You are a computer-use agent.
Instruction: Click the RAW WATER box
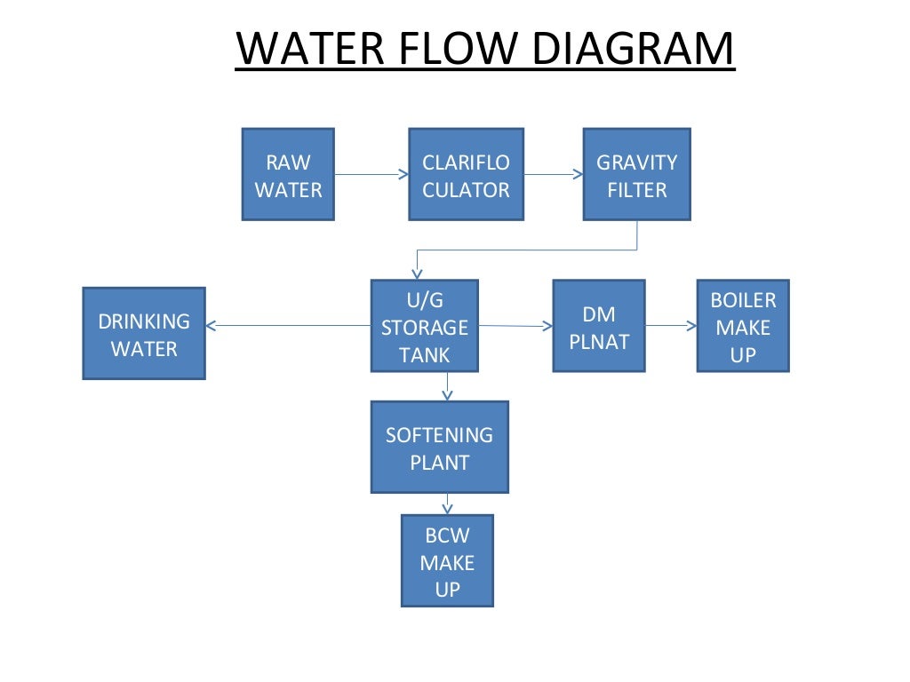pyautogui.click(x=288, y=174)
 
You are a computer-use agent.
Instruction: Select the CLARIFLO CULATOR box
pyautogui.click(x=466, y=174)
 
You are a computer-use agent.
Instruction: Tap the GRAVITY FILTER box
pyautogui.click(x=636, y=174)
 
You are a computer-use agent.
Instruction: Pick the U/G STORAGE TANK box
pyautogui.click(x=424, y=326)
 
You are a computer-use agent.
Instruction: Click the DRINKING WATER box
pyautogui.click(x=144, y=333)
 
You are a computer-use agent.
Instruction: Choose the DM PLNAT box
pyautogui.click(x=598, y=326)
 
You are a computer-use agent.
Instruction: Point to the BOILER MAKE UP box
pyautogui.click(x=743, y=326)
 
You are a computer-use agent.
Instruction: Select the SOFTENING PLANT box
pyautogui.click(x=439, y=447)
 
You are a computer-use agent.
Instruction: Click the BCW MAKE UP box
pyautogui.click(x=447, y=560)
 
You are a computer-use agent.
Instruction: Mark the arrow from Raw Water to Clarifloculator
pyautogui.click(x=371, y=174)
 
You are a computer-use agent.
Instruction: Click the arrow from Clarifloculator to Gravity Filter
pyautogui.click(x=553, y=174)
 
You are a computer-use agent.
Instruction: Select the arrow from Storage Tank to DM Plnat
pyautogui.click(x=515, y=326)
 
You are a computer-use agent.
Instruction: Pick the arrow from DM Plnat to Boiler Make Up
pyautogui.click(x=671, y=326)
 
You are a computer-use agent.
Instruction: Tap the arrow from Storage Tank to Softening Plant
pyautogui.click(x=447, y=386)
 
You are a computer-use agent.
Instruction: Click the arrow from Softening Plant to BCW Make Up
pyautogui.click(x=447, y=504)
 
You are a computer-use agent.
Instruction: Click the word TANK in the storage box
pyautogui.click(x=424, y=355)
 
